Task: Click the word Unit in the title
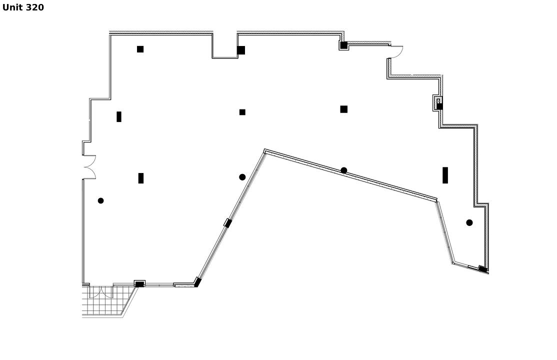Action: [x=12, y=7]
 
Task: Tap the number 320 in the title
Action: [x=35, y=7]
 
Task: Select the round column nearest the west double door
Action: [x=101, y=201]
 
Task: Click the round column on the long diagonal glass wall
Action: [x=344, y=170]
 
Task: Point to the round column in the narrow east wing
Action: [x=469, y=223]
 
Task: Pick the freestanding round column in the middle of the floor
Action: [x=242, y=177]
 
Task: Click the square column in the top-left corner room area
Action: [x=140, y=49]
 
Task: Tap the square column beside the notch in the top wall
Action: [x=241, y=50]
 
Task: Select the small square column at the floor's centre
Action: [x=242, y=112]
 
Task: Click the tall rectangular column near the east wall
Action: [x=445, y=175]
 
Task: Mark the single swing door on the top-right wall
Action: [x=396, y=51]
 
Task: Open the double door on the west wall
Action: [x=89, y=167]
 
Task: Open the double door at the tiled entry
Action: [x=101, y=291]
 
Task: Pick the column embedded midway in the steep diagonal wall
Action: [x=227, y=223]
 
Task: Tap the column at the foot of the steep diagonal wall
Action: [x=197, y=282]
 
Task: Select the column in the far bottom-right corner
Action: [x=483, y=269]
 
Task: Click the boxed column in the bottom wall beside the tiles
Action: [x=139, y=283]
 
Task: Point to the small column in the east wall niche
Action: [x=439, y=106]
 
